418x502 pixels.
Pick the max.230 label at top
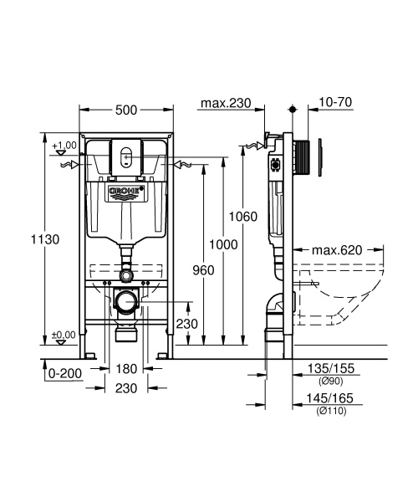(227, 103)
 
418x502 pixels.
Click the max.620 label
(336, 249)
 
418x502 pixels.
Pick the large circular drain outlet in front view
(127, 300)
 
